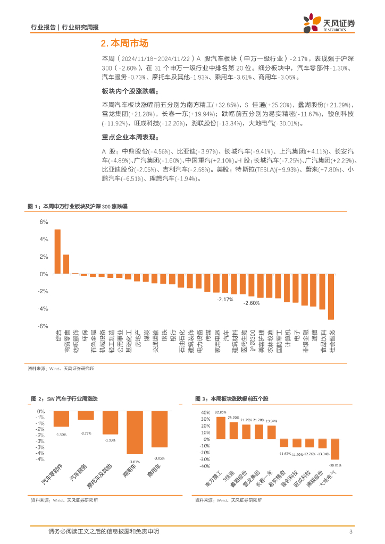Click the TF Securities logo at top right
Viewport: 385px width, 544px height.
tap(328, 23)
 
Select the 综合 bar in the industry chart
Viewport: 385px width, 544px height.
tap(57, 252)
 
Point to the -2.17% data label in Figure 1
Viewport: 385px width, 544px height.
tap(225, 300)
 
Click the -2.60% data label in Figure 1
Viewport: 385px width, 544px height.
tap(251, 303)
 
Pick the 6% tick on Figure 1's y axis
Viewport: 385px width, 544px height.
tap(44, 222)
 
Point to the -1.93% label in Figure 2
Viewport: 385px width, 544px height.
tap(110, 440)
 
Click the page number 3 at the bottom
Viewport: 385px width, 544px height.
tap(351, 532)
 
